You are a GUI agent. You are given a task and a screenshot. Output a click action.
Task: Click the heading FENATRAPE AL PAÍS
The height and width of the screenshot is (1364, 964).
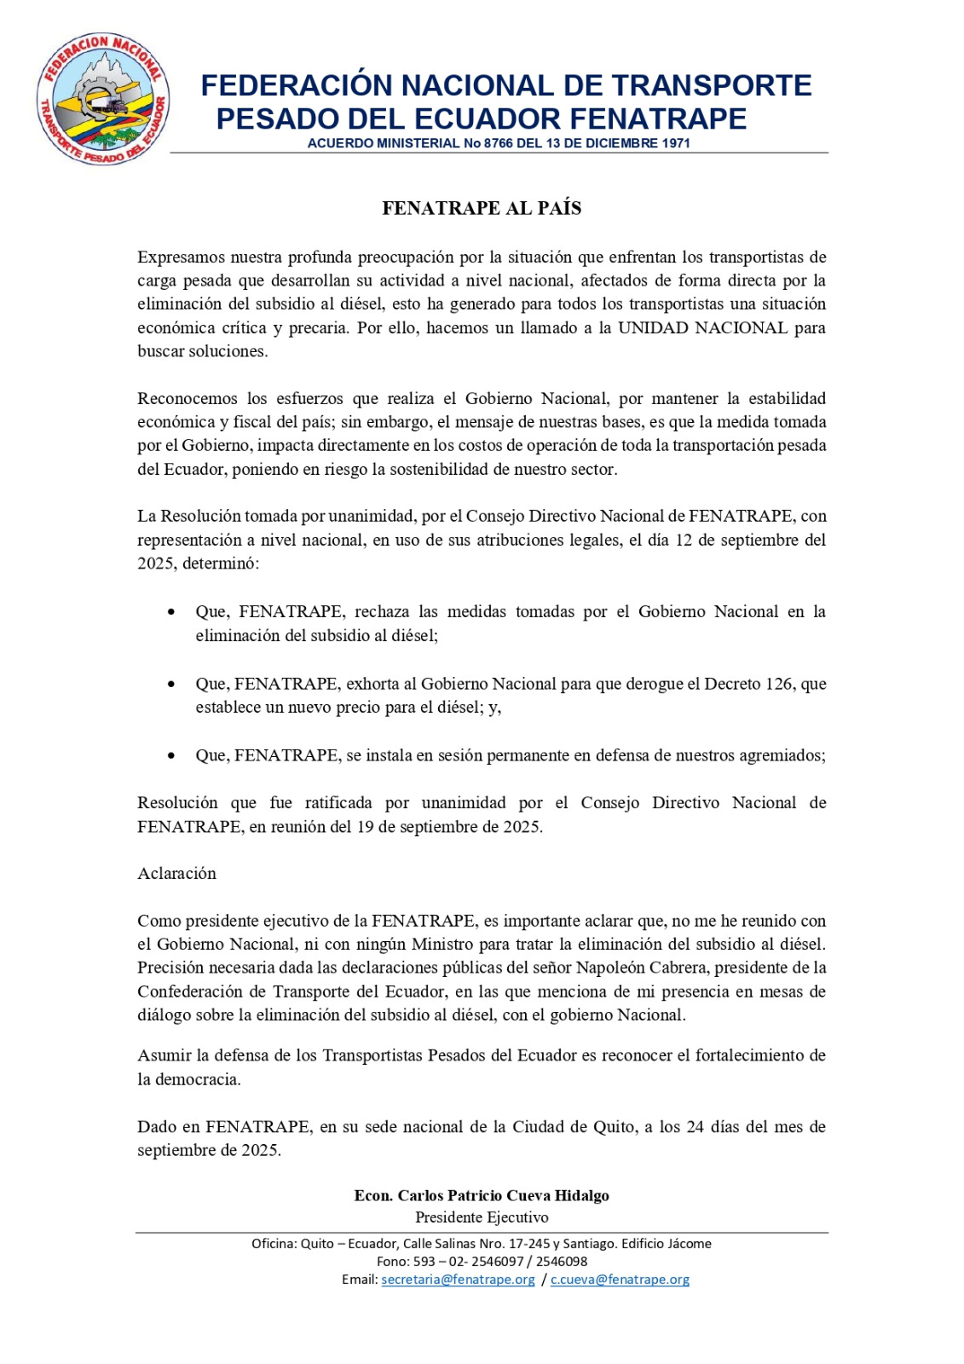click(x=482, y=208)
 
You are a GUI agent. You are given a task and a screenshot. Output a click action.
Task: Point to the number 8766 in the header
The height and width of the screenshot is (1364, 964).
click(x=499, y=143)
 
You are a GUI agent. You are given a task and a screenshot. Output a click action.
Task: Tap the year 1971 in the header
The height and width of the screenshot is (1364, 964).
click(x=675, y=143)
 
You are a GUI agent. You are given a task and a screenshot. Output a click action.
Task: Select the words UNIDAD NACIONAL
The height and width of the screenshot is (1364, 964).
click(x=702, y=327)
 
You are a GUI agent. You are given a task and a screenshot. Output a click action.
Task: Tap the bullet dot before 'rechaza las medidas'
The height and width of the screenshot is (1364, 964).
click(x=172, y=612)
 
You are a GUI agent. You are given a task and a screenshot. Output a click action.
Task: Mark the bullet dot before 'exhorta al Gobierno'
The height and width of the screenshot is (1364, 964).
click(x=172, y=684)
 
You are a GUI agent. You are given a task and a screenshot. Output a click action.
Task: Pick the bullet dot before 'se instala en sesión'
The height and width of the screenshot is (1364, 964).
click(x=172, y=755)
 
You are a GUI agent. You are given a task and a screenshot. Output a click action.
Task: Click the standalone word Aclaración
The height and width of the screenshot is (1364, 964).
click(x=177, y=873)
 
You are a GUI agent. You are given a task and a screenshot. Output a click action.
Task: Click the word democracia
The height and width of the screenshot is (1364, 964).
click(x=198, y=1079)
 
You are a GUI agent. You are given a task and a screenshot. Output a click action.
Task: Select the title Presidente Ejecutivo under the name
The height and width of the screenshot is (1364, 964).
click(x=482, y=1217)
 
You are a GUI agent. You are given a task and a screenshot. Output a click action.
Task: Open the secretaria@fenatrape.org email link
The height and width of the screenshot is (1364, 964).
click(x=459, y=1280)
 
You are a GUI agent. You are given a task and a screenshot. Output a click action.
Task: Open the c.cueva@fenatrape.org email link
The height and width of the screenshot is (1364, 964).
click(x=620, y=1280)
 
